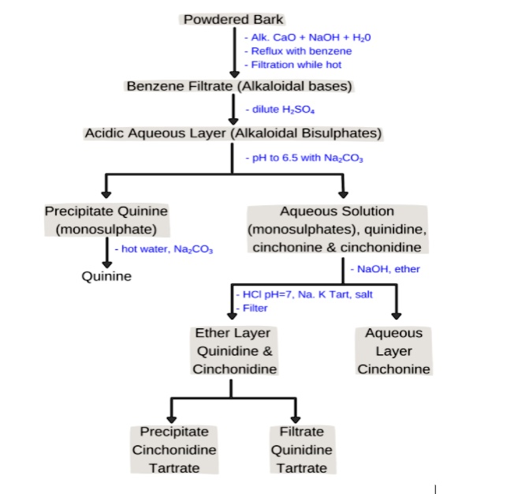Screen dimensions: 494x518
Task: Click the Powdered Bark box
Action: pyautogui.click(x=233, y=19)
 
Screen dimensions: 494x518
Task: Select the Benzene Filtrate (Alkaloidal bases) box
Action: pyautogui.click(x=239, y=86)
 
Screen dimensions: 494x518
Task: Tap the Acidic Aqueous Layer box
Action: pyautogui.click(x=233, y=133)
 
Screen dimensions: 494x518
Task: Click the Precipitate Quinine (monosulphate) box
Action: pyautogui.click(x=106, y=220)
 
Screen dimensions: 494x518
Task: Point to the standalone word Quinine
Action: pyautogui.click(x=106, y=276)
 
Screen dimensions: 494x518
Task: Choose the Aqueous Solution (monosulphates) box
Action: pyautogui.click(x=337, y=230)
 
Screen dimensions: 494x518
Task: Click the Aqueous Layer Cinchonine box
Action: pyautogui.click(x=393, y=351)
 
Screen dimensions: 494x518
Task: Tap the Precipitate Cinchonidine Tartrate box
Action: pyautogui.click(x=174, y=450)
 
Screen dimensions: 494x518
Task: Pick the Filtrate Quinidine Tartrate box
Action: pyautogui.click(x=302, y=450)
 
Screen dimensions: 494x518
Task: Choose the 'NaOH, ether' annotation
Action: pyautogui.click(x=388, y=269)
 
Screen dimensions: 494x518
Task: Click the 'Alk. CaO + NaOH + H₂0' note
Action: pyautogui.click(x=307, y=37)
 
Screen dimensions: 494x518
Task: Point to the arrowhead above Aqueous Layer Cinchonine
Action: pyautogui.click(x=395, y=316)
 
